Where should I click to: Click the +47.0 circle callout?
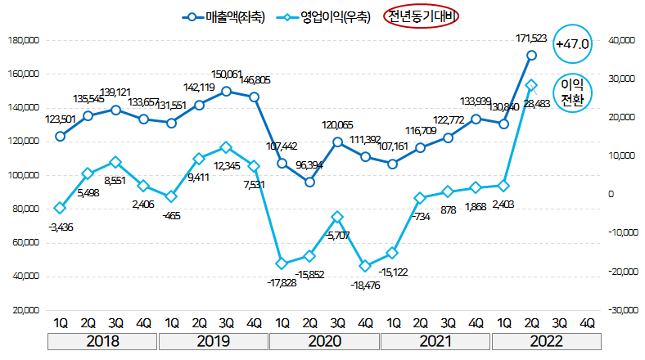(572, 43)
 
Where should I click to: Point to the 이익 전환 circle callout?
(572, 92)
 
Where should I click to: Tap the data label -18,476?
(368, 284)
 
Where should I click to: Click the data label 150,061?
(227, 74)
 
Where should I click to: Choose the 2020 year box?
(323, 340)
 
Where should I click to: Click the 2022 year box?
(545, 340)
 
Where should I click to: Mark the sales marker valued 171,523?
(531, 55)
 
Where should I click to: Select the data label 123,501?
(60, 119)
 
